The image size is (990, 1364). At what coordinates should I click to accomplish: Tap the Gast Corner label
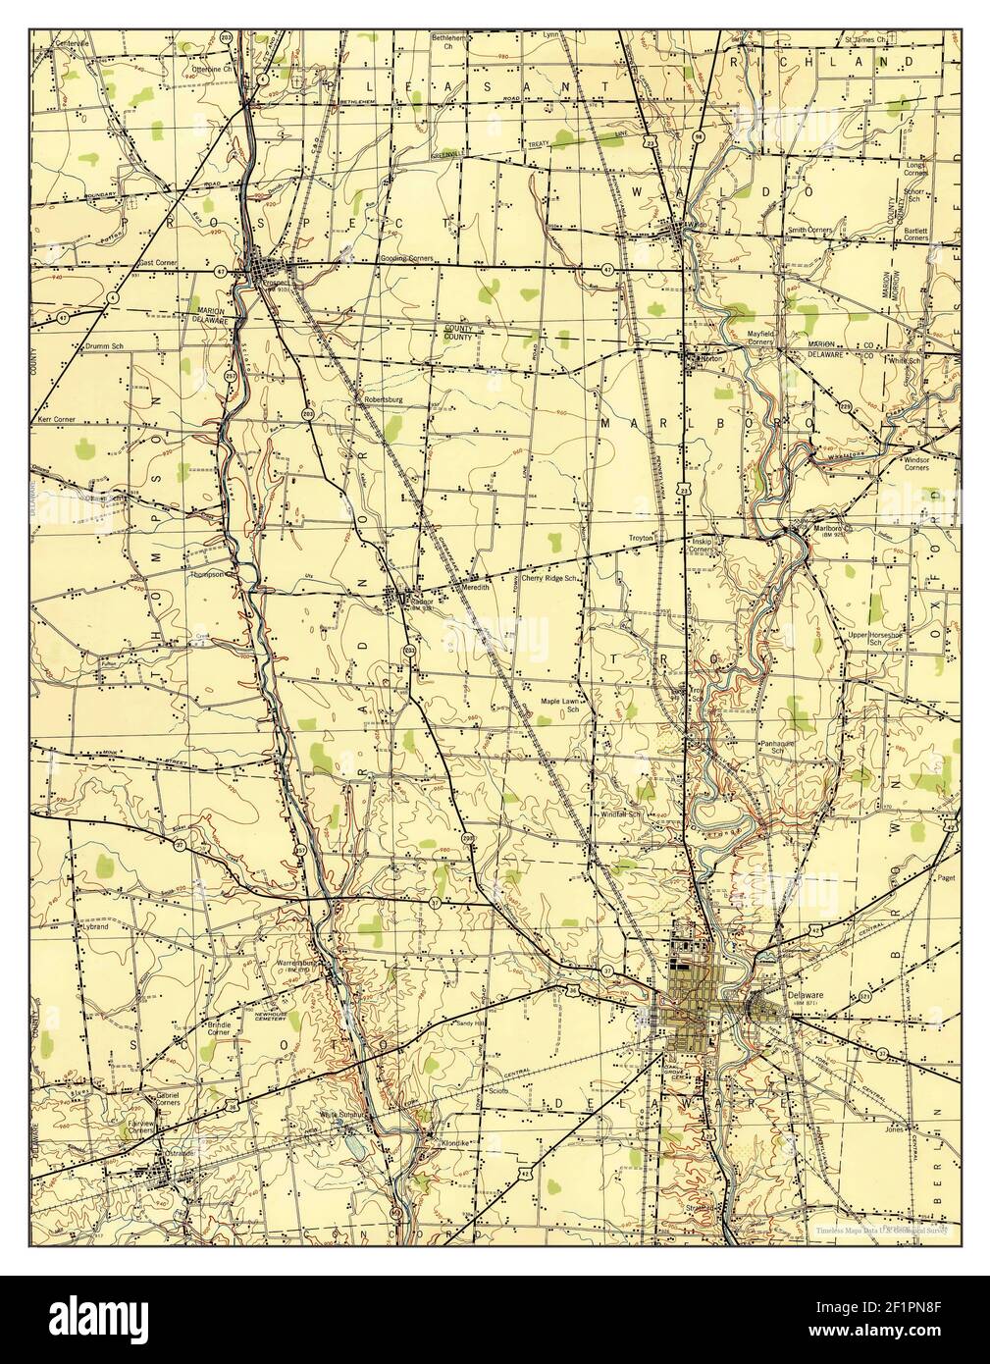pyautogui.click(x=156, y=263)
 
